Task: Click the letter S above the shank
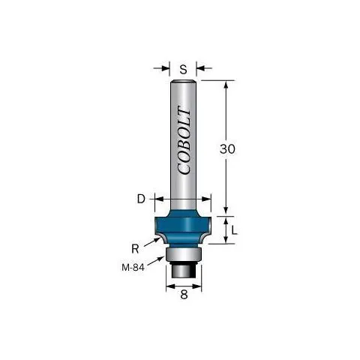[183, 69]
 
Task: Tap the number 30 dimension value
[227, 149]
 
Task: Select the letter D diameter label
[141, 199]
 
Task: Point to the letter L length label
[234, 229]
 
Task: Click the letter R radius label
[135, 249]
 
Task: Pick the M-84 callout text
[133, 268]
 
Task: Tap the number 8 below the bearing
[184, 295]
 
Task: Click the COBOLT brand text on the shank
[184, 140]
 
